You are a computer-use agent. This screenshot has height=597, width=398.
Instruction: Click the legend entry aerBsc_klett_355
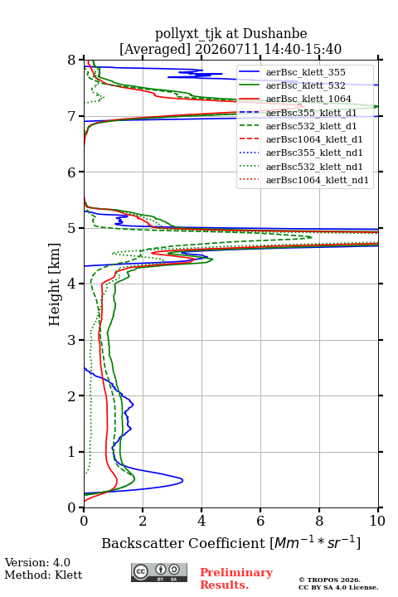305,72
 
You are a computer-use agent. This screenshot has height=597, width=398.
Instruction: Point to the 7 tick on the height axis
81,116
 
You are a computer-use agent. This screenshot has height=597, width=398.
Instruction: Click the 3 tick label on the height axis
71,340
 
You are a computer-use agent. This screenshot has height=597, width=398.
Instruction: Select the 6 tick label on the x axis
260,521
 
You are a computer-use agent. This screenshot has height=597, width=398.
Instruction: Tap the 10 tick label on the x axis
377,521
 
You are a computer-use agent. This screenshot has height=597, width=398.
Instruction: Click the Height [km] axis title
55,284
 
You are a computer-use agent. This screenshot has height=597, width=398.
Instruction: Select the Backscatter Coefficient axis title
231,542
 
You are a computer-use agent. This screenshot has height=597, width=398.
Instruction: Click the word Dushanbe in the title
274,34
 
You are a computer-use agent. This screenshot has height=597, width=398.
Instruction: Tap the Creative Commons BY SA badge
159,573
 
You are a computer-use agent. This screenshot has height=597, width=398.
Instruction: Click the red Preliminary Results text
236,579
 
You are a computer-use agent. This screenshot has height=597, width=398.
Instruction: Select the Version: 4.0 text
37,562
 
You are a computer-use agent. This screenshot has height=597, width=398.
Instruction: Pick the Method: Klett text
43,575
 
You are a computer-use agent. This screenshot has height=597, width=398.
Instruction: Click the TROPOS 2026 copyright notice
329,580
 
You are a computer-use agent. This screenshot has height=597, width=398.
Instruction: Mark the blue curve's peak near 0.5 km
182,480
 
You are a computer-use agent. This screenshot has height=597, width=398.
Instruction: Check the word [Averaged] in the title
154,49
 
